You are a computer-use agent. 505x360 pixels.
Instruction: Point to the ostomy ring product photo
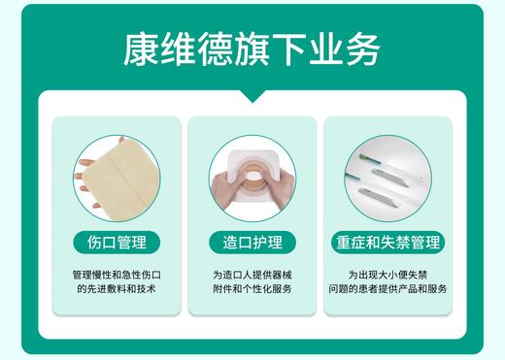252,178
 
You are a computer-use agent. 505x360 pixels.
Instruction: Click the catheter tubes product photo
387,178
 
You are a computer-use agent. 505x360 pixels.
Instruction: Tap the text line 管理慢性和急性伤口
117,275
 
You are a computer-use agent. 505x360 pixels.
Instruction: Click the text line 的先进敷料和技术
117,289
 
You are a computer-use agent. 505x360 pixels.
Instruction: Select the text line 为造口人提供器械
252,275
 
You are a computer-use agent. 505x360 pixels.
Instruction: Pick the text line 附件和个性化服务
252,289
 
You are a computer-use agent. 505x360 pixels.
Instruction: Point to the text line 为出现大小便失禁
387,275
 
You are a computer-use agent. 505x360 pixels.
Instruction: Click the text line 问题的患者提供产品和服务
387,289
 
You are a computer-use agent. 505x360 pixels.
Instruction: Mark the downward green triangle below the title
252,95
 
